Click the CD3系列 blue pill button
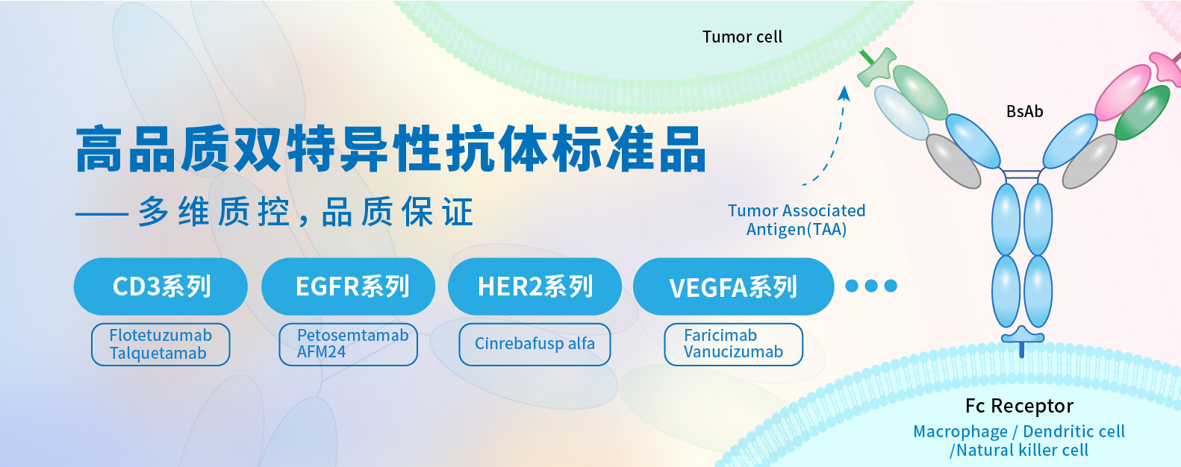[161, 286]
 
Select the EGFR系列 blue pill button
[348, 286]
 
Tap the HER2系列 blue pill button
[535, 286]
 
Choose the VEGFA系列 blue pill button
[733, 286]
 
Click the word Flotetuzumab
[161, 335]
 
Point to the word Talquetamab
[158, 353]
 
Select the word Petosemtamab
[352, 335]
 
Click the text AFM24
[321, 351]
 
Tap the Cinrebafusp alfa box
[535, 344]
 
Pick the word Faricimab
[720, 335]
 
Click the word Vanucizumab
[733, 351]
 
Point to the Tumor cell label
[742, 37]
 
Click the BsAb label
[1024, 111]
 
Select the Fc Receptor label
[1019, 406]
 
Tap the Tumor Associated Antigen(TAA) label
[797, 220]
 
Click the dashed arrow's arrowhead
[844, 93]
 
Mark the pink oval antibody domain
[1123, 92]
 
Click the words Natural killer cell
[1022, 450]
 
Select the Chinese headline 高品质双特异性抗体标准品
[390, 149]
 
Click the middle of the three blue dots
[871, 286]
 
